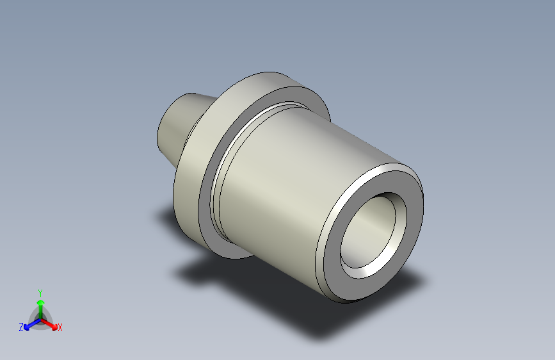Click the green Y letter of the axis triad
click(40, 292)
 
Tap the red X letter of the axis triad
click(60, 327)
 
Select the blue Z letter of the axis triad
click(21, 327)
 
